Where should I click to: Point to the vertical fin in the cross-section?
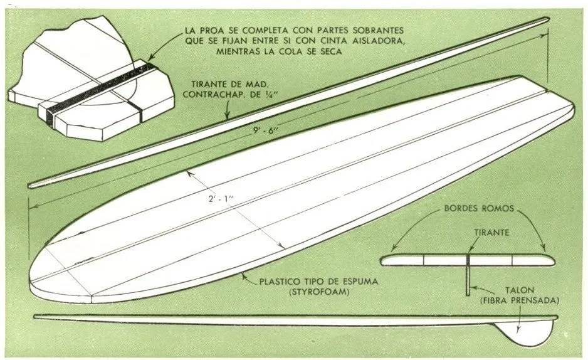[x=468, y=279]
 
